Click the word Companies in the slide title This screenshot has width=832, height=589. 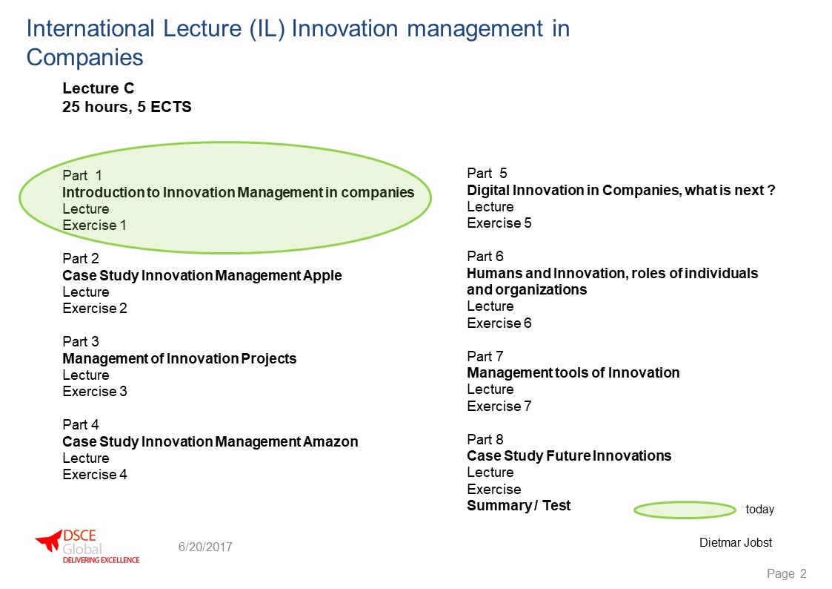85,57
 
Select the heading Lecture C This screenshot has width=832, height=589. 98,88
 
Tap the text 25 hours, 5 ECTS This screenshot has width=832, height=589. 127,107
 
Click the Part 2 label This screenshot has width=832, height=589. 81,259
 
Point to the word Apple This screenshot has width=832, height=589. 322,276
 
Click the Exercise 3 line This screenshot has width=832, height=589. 95,392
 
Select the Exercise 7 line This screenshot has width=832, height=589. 499,407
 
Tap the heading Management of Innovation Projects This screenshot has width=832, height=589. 179,359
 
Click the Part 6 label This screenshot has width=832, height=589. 485,257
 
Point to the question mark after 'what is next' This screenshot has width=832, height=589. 771,190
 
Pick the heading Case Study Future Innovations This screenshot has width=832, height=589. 569,456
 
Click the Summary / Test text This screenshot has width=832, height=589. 519,506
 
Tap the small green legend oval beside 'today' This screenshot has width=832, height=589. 685,510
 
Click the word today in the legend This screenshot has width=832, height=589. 760,510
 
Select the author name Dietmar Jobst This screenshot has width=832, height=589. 736,543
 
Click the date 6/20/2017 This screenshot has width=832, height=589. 205,547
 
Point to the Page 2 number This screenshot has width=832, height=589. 786,574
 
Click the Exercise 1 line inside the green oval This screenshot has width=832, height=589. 94,226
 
